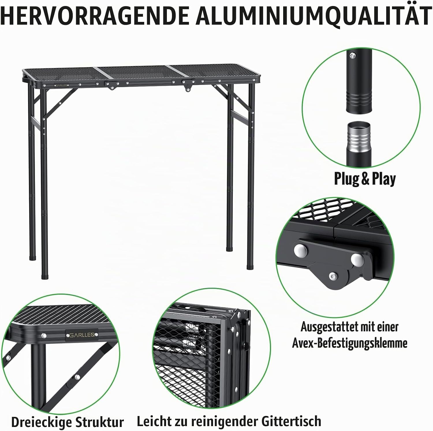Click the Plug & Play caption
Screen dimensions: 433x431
point(365,179)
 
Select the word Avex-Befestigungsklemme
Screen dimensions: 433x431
point(350,343)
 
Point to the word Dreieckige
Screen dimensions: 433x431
point(40,422)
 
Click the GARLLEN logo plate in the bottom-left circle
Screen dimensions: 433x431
point(81,335)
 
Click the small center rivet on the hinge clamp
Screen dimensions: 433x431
point(333,276)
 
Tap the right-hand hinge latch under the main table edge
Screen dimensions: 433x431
point(187,86)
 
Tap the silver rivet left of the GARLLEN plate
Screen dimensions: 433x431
point(44,336)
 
